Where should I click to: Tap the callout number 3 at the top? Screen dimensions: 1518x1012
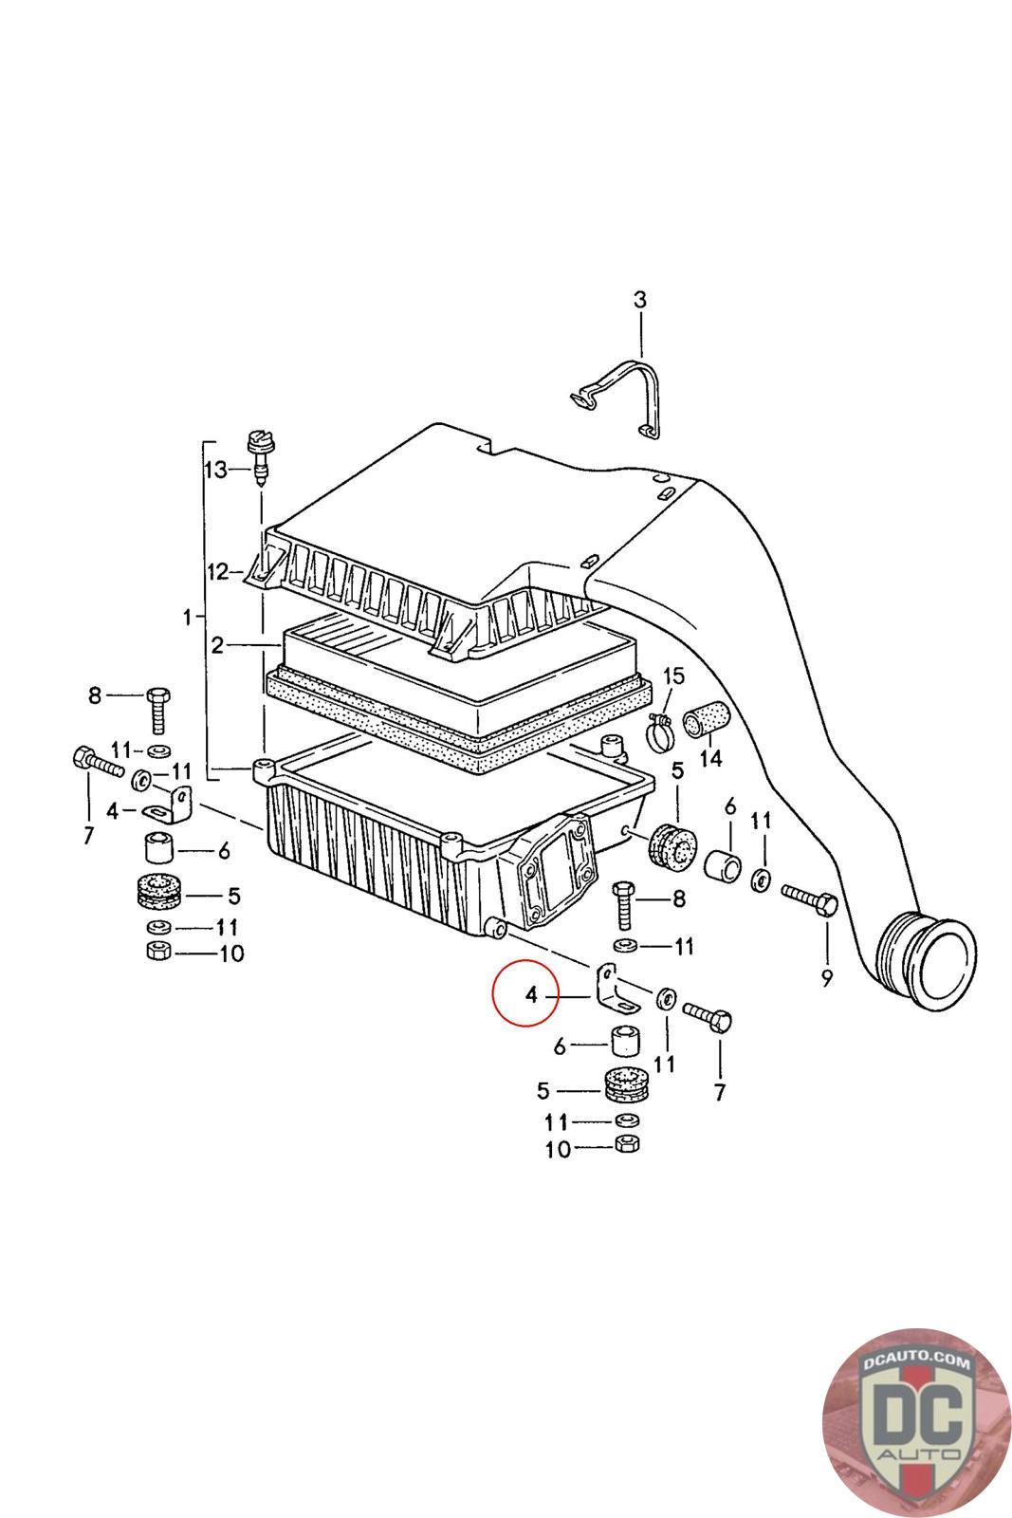tap(640, 300)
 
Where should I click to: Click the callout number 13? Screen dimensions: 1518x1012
tap(216, 469)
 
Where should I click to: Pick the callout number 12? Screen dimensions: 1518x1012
tap(218, 571)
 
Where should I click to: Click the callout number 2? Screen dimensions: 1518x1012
tap(217, 646)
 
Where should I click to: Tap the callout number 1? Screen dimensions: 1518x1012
tap(188, 617)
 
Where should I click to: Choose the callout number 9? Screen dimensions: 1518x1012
tap(827, 976)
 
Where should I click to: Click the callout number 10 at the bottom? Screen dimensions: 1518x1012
tap(558, 1149)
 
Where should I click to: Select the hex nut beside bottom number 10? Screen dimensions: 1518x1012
tap(626, 1145)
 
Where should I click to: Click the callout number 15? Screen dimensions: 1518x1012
tap(672, 676)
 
